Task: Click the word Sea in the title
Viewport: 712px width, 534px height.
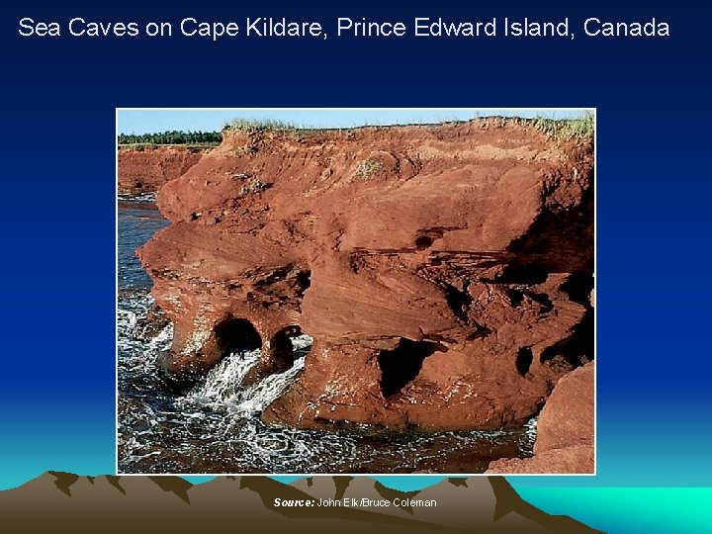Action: pyautogui.click(x=38, y=28)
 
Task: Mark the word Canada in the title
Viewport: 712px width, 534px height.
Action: pyautogui.click(x=627, y=28)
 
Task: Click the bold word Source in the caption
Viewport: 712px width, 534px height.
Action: pyautogui.click(x=294, y=503)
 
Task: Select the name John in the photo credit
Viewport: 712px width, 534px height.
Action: pyautogui.click(x=328, y=503)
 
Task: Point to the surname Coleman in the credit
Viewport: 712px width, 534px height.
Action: pyautogui.click(x=414, y=503)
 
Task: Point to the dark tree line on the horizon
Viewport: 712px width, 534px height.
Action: pyautogui.click(x=168, y=137)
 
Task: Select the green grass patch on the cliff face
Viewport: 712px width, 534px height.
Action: pyautogui.click(x=368, y=169)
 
